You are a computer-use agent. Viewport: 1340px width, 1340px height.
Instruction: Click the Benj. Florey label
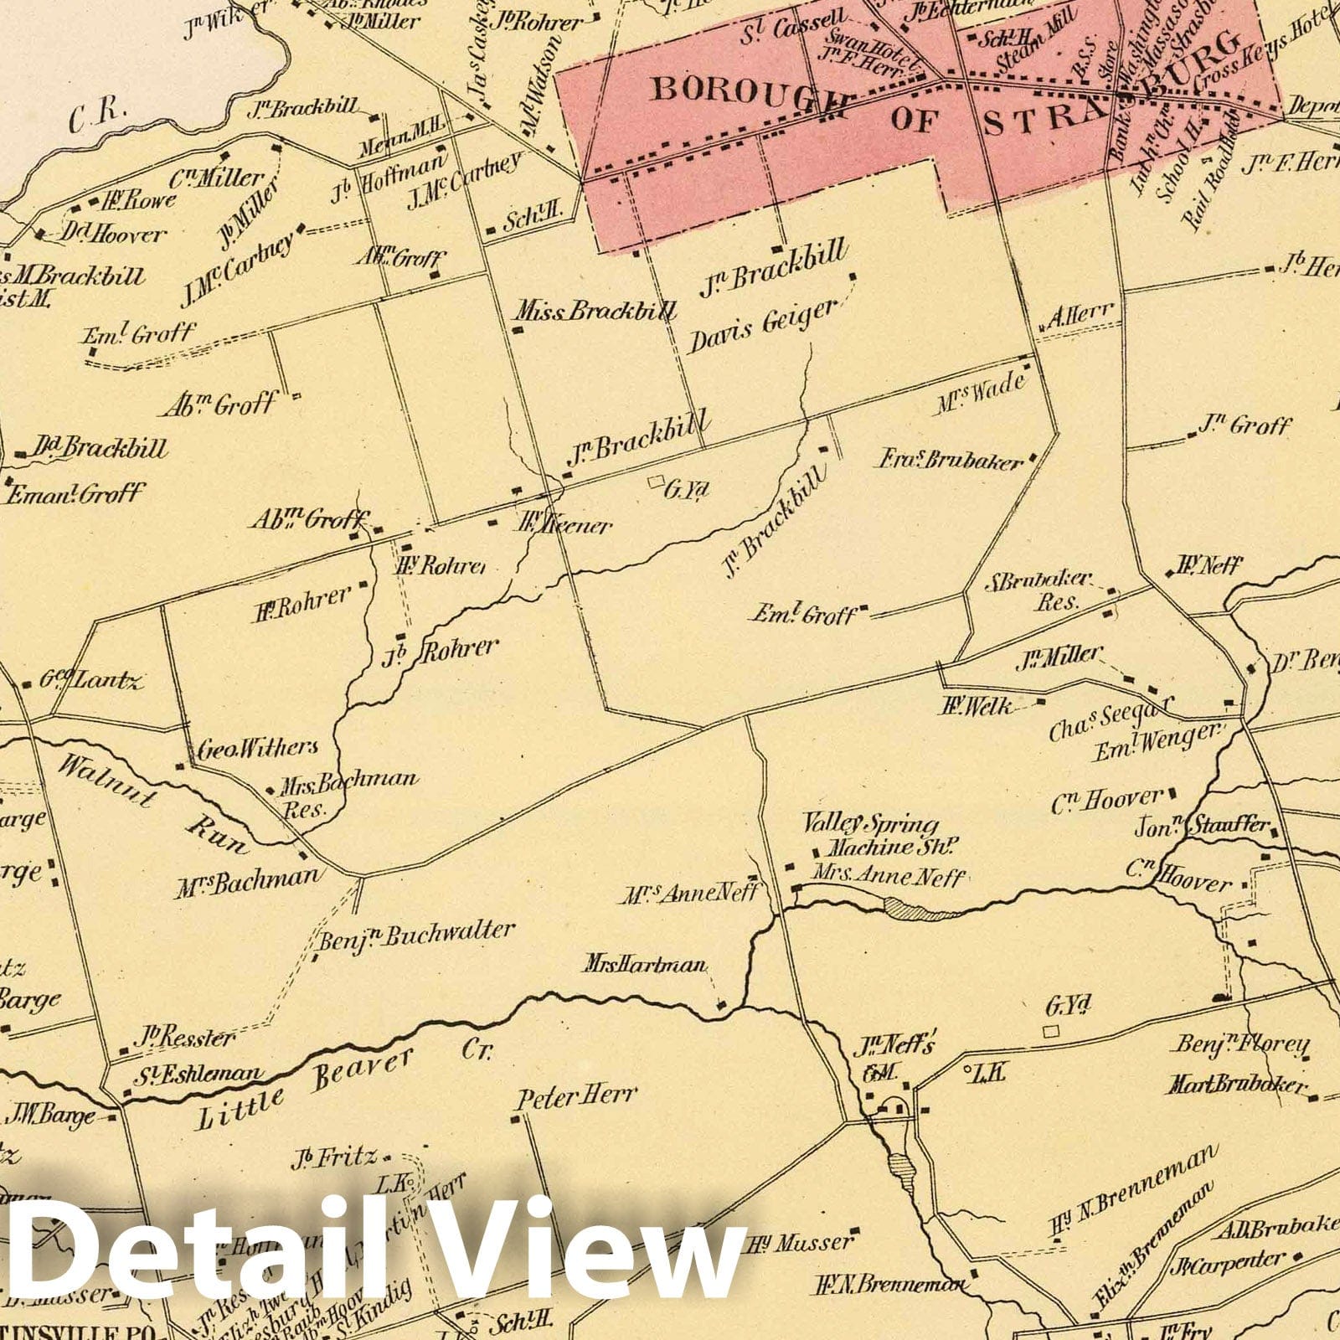(1243, 1044)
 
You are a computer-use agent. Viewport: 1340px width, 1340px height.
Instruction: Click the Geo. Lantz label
(92, 679)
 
